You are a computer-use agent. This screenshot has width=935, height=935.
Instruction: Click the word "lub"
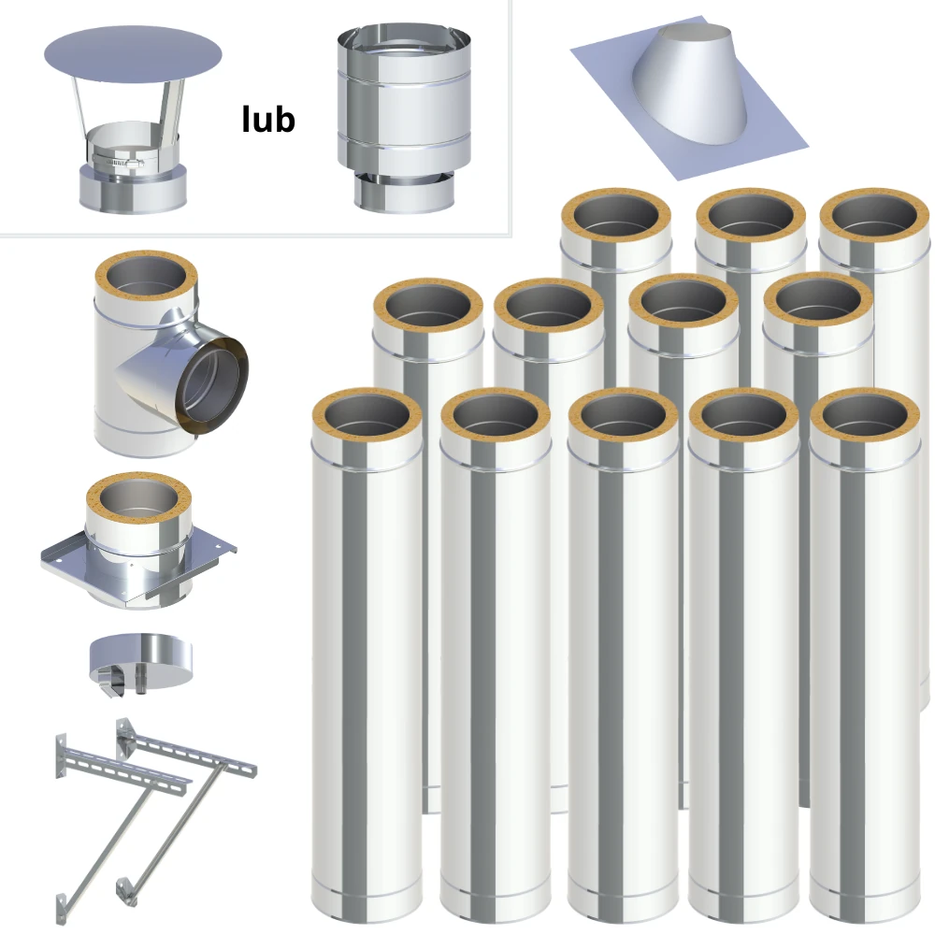click(x=268, y=120)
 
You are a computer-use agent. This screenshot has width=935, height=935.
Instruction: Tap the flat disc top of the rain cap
click(x=133, y=55)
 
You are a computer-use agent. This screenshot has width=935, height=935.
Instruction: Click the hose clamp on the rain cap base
click(x=118, y=161)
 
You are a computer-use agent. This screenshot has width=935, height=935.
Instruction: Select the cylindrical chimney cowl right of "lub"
click(x=404, y=118)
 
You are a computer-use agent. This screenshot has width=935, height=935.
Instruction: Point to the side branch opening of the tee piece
click(x=212, y=386)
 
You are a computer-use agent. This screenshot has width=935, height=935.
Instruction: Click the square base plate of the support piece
click(x=138, y=564)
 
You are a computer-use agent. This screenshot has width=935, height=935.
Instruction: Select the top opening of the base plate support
click(x=138, y=499)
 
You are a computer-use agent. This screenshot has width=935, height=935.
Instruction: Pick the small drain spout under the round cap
click(x=141, y=682)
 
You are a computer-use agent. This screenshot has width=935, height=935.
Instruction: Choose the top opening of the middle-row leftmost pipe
click(x=429, y=306)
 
